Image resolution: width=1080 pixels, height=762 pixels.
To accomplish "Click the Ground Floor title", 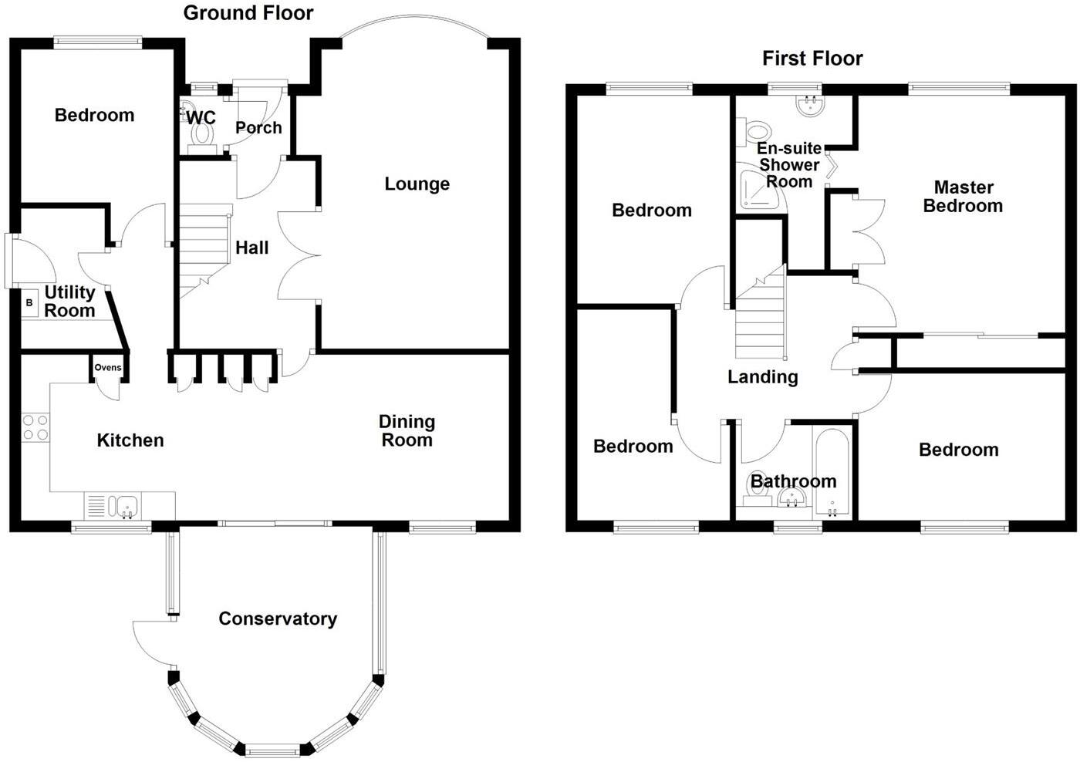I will coord(248,13).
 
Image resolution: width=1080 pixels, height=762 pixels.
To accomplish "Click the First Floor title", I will coord(812,59).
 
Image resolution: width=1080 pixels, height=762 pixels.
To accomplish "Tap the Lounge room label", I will coord(417,184).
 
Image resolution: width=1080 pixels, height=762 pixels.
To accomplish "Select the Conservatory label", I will coord(278,619).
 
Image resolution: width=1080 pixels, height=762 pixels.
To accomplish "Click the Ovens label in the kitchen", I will coord(108,367).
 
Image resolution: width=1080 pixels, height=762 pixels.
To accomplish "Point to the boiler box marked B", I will coord(30,302).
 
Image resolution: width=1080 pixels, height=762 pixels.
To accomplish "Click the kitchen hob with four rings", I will coord(35,427).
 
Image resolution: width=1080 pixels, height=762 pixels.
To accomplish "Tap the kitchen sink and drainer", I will coord(113,506).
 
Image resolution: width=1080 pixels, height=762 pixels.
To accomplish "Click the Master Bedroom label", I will coord(963,197).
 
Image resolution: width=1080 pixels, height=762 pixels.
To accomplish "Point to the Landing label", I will coord(762,377).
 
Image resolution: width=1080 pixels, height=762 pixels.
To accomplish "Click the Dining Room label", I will coord(407,431).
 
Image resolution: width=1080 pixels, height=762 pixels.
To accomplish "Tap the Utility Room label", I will coord(69,302).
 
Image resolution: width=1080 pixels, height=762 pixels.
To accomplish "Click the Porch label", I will coord(258,128).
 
